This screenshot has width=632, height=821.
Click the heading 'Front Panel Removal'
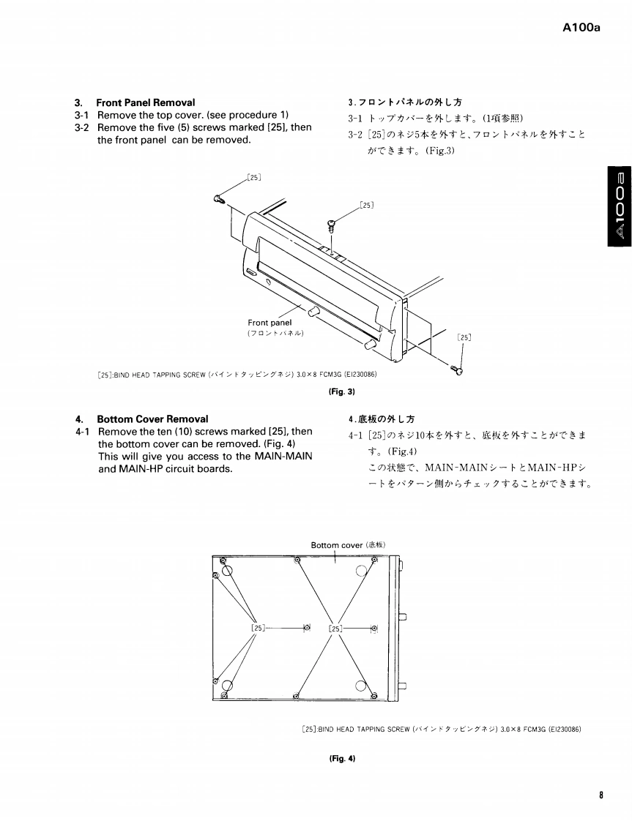146,102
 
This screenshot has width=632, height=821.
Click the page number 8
600,795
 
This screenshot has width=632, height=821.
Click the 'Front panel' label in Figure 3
269,322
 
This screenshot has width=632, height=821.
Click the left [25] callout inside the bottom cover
257,628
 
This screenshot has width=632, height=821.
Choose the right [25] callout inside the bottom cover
336,628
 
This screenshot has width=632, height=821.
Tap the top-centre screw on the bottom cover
297,561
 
